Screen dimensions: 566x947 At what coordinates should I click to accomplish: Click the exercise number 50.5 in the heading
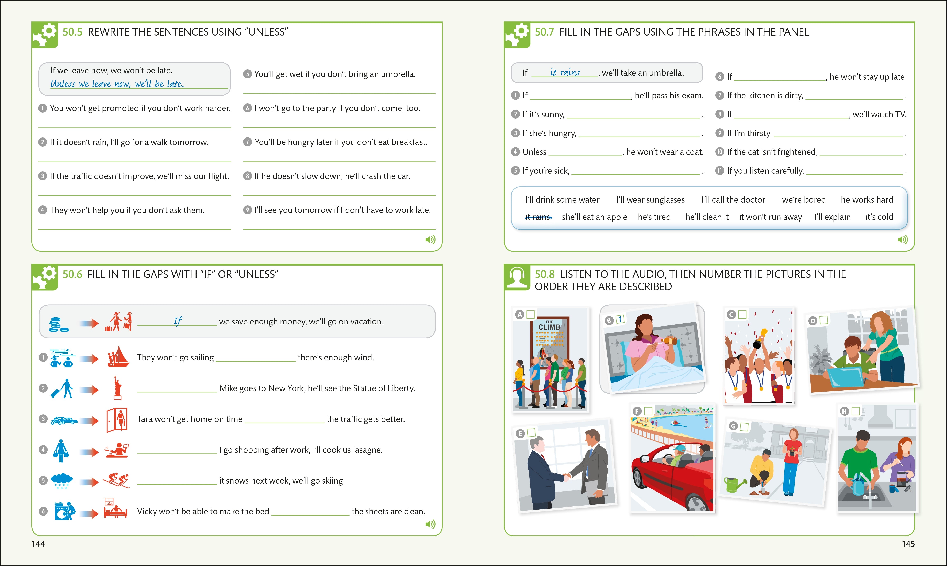point(72,32)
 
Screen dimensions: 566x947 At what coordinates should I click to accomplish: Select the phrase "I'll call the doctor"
point(733,200)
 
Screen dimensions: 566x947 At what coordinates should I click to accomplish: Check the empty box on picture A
point(530,315)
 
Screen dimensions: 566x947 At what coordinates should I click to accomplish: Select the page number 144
point(38,544)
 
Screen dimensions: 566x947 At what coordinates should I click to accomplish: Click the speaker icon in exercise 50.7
point(902,239)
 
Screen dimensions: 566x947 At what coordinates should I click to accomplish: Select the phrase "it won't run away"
point(770,217)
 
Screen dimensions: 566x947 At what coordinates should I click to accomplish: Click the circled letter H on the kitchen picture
point(844,411)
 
